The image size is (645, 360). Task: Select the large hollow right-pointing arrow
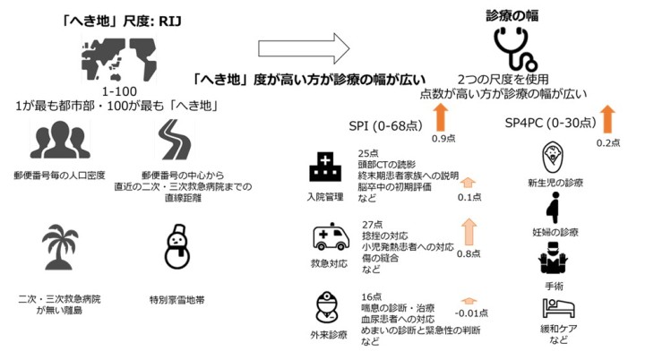302,46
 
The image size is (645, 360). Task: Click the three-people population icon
55,141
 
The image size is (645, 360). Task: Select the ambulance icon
330,237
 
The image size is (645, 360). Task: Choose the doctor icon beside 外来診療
328,308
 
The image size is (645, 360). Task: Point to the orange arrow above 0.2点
608,117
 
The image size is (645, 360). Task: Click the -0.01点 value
471,313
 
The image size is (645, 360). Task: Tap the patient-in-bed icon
556,310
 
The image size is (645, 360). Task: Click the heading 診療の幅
512,15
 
